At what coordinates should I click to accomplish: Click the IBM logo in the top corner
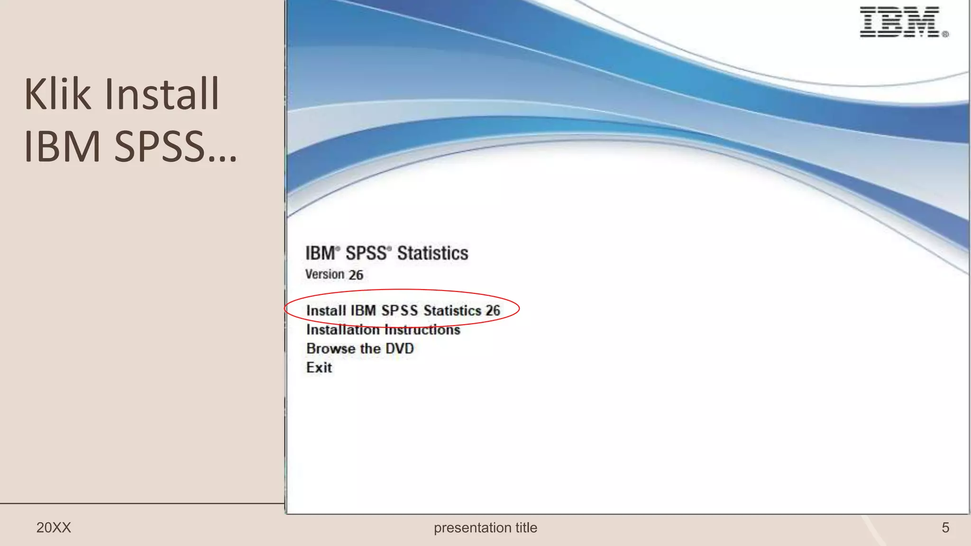coord(899,22)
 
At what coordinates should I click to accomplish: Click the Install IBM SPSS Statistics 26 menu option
coord(403,310)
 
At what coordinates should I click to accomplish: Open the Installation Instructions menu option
coord(383,329)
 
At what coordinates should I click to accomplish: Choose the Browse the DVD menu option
coord(360,348)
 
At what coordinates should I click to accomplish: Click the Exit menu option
coord(319,367)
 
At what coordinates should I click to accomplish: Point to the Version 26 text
coord(334,274)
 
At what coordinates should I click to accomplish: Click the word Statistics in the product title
coord(432,253)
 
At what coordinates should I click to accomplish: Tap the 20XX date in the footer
coord(54,528)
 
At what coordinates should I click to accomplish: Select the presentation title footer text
coord(485,528)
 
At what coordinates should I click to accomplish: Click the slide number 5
coord(945,528)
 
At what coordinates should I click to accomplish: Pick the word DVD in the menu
coord(399,348)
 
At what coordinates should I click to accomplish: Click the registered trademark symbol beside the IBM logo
coord(945,34)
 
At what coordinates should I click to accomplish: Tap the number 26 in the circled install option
coord(493,310)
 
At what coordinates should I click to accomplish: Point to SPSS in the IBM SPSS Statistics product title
coord(366,253)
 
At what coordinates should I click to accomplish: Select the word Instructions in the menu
coord(422,329)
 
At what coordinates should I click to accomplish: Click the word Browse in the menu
coord(330,348)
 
